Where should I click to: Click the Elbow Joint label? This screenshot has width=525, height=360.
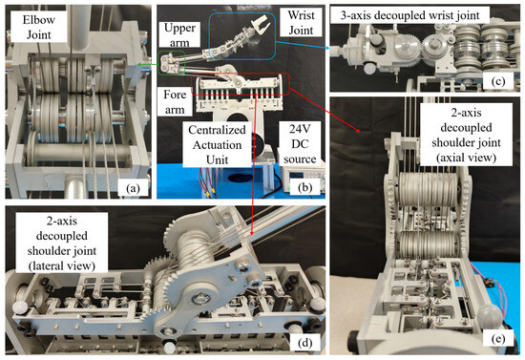38,27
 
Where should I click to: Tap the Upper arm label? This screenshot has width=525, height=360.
179,34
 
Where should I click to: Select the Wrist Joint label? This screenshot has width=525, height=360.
301,22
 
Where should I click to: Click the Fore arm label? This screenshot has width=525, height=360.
175,102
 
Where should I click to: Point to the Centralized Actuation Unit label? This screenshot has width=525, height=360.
217,145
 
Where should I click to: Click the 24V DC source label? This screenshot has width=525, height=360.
300,143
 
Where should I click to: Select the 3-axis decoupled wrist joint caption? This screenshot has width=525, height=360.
409,15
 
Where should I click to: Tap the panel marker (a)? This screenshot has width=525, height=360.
133,189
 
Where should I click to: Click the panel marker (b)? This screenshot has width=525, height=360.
304,187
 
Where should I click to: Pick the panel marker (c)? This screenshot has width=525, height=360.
497,81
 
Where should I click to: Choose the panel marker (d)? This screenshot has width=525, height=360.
304,343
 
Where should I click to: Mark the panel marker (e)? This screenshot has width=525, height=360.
498,339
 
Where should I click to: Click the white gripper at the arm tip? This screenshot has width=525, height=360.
260,25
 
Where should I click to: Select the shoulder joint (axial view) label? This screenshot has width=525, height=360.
466,135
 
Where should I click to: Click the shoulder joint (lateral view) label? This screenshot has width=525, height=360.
62,244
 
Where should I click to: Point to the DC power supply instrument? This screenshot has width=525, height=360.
300,179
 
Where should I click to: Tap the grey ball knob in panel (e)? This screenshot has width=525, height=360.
490,315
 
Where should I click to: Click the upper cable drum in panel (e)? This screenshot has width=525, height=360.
428,190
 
